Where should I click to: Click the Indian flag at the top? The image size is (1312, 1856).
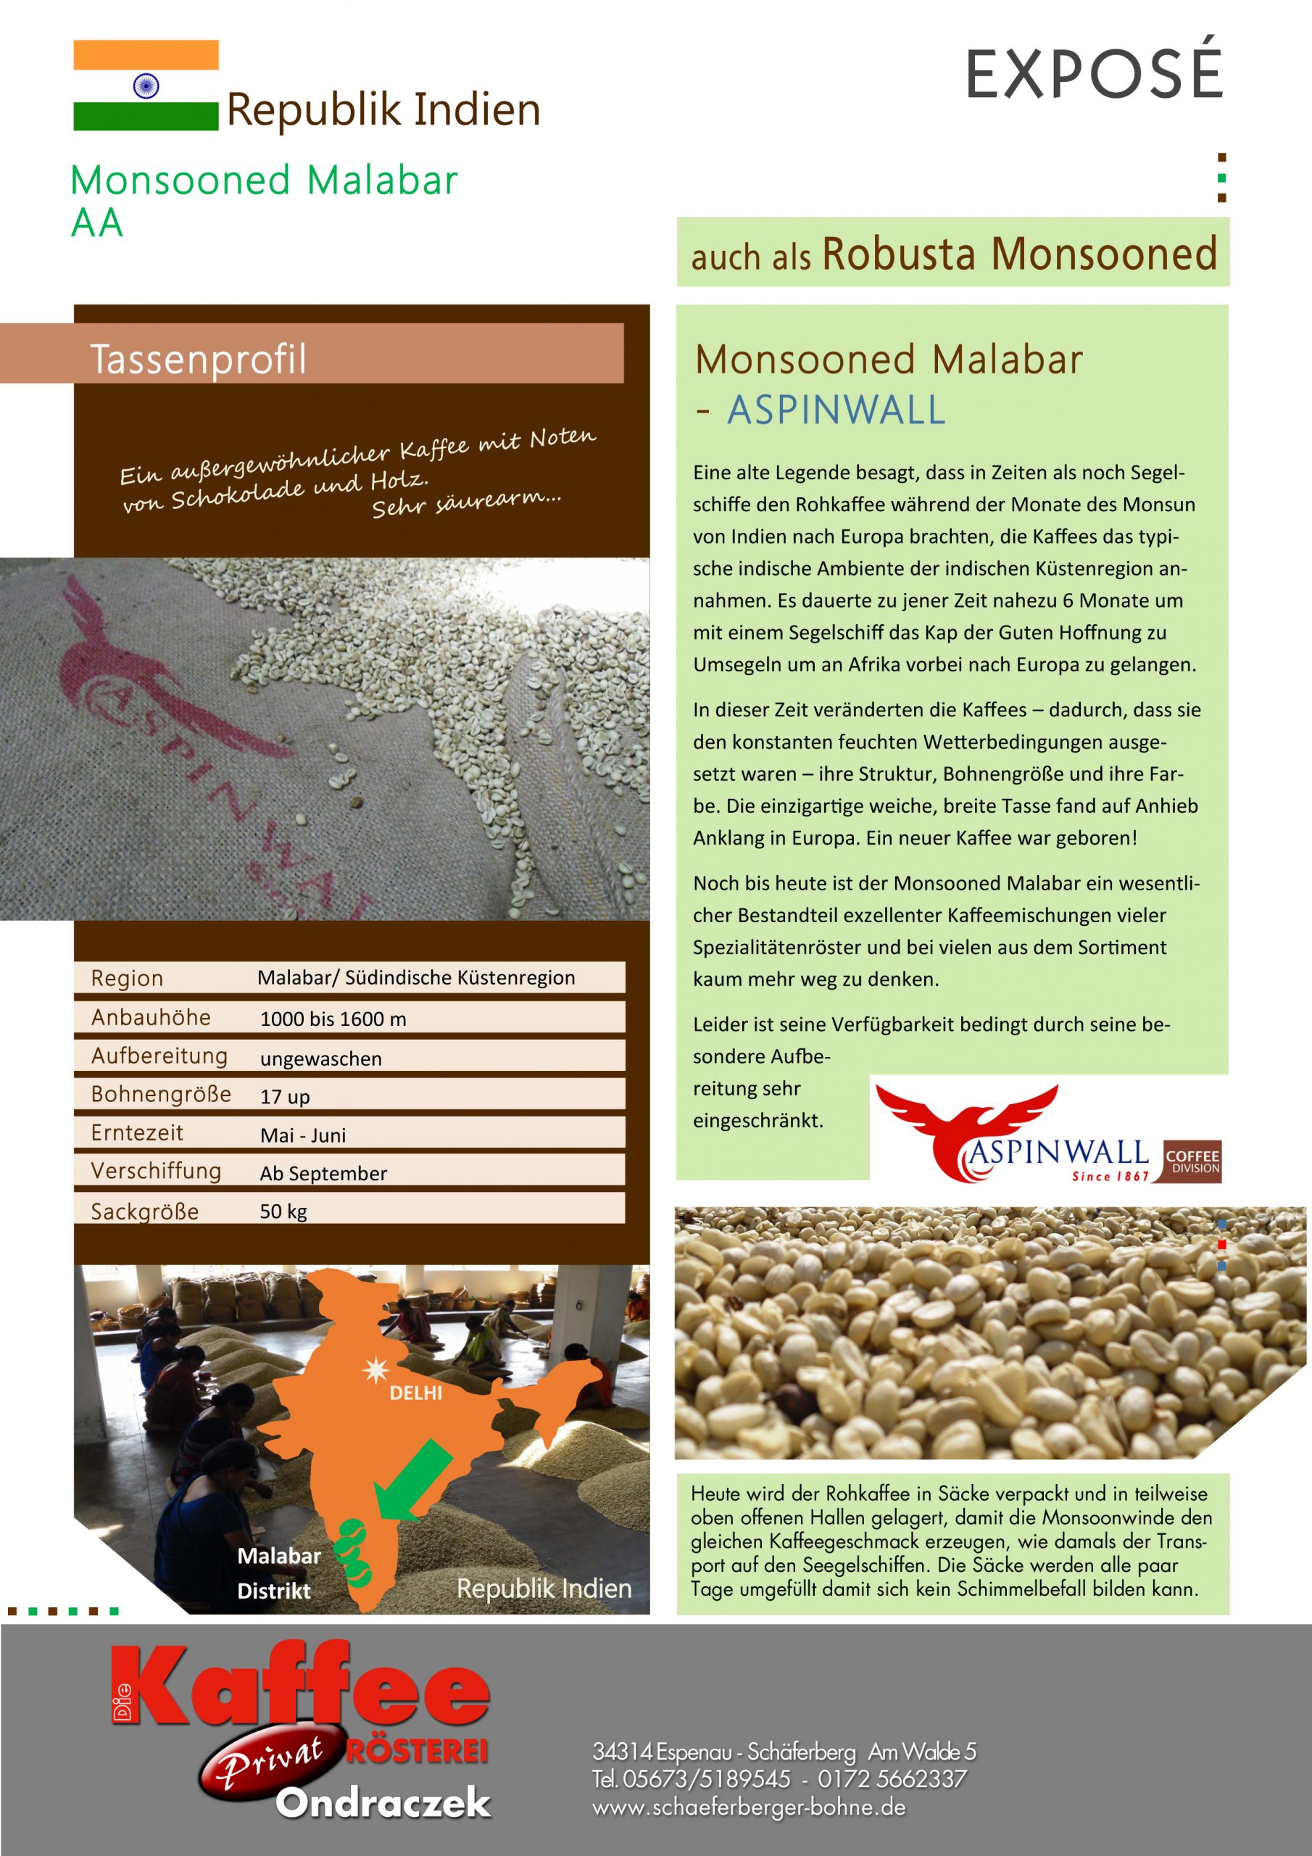click(x=146, y=85)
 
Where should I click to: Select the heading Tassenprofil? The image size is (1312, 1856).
click(x=198, y=359)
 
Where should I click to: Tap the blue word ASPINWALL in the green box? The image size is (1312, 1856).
click(x=836, y=410)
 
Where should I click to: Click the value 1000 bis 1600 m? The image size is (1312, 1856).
click(x=333, y=1019)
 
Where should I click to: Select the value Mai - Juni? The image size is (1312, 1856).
click(x=303, y=1135)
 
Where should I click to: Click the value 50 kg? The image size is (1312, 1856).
click(x=283, y=1211)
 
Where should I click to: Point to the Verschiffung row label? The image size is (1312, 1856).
click(x=156, y=1170)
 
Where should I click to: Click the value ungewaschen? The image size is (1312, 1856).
click(x=321, y=1058)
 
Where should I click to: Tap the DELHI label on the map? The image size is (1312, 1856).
click(x=415, y=1393)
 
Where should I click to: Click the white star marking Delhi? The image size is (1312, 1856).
click(x=375, y=1370)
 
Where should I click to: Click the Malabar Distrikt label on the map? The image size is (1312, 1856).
click(x=278, y=1573)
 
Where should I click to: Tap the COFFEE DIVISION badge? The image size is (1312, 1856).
click(x=1192, y=1161)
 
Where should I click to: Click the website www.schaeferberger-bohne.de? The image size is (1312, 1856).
click(x=749, y=1807)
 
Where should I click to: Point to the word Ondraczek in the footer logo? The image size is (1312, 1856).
click(x=383, y=1802)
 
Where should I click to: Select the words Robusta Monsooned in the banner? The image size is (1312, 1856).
click(x=1019, y=254)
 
